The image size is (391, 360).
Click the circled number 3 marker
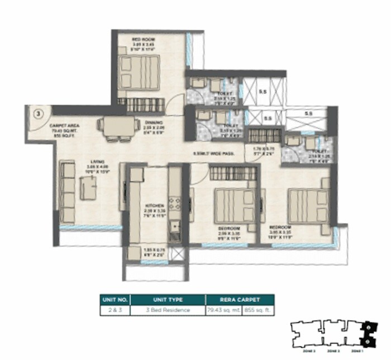(x=37, y=113)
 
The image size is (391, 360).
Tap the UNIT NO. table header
(x=115, y=299)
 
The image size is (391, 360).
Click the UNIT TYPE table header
(x=167, y=299)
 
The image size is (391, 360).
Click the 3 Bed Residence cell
(x=167, y=310)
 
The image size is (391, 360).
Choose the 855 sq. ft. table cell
(x=259, y=310)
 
